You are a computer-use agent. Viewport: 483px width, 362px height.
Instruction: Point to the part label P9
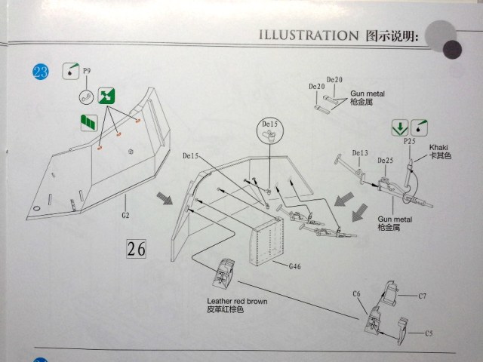tap(87, 71)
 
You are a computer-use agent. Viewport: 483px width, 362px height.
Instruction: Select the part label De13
tap(359, 152)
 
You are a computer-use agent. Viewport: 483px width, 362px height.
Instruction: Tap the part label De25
tap(385, 160)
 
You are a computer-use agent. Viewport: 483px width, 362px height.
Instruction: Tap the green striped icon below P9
tap(90, 120)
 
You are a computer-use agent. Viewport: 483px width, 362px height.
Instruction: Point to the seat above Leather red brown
tap(224, 273)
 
